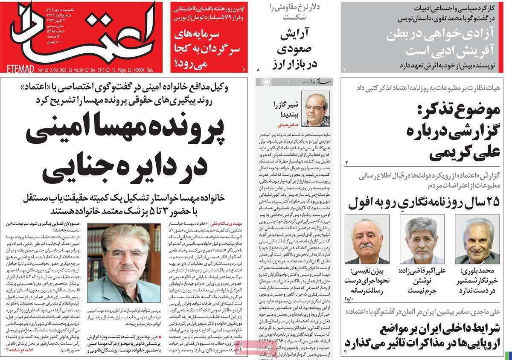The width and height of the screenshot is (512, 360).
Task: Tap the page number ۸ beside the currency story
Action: coord(258,68)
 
